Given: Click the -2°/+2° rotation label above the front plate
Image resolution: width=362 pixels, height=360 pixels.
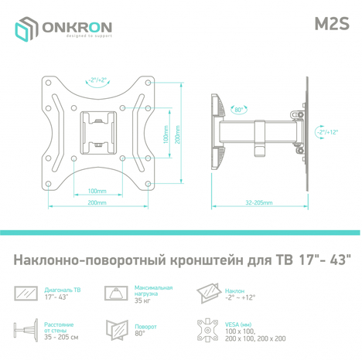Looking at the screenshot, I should (99, 80).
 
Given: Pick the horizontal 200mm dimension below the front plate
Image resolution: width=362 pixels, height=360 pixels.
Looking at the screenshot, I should (97, 203).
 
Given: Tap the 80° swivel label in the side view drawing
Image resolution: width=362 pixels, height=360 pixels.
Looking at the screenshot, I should (240, 110).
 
